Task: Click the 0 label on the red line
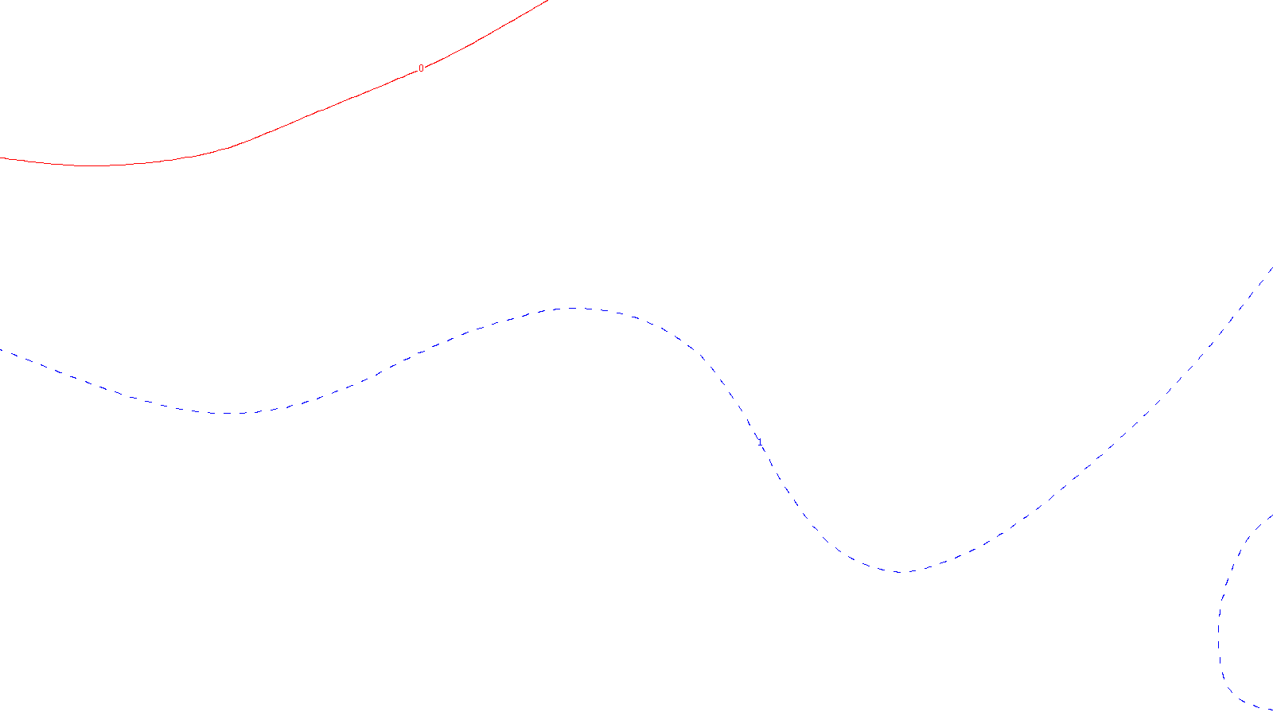pyautogui.click(x=421, y=68)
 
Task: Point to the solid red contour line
pyautogui.click(x=318, y=112)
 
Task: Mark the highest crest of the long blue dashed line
pyautogui.click(x=573, y=309)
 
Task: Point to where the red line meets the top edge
pyautogui.click(x=548, y=1)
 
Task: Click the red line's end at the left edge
pyautogui.click(x=2, y=158)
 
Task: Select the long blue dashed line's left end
pyautogui.click(x=2, y=350)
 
